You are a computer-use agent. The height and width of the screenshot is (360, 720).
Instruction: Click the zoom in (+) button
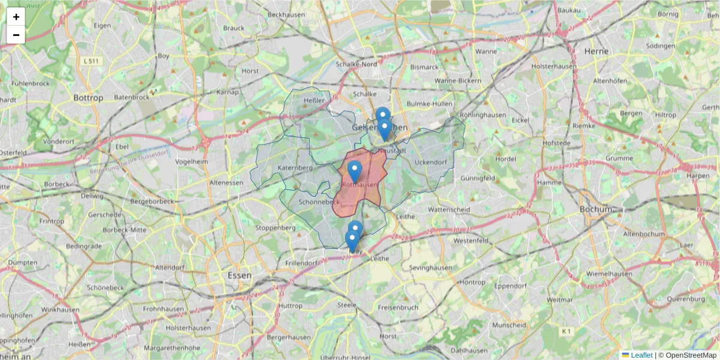(x=16, y=17)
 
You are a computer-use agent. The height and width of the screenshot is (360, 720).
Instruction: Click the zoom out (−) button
(x=16, y=35)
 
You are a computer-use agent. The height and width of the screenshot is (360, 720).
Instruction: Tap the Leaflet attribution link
(x=641, y=355)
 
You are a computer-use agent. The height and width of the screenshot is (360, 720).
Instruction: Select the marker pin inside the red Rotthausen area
(x=355, y=172)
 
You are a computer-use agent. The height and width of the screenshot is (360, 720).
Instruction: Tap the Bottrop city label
(x=88, y=97)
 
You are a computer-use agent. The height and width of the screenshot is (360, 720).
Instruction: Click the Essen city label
(x=239, y=275)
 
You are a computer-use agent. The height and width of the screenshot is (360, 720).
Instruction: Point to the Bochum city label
(x=595, y=209)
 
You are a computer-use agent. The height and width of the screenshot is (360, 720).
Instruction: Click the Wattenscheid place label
(x=451, y=210)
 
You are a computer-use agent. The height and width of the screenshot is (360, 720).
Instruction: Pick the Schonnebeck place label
(x=319, y=202)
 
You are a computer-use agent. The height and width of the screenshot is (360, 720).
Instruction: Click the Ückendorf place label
(x=431, y=162)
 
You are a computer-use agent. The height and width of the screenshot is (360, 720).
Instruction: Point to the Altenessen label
(x=226, y=182)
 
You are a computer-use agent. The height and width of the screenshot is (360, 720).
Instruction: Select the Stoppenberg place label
(x=275, y=228)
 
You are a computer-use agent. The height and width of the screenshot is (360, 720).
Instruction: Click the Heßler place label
(x=314, y=100)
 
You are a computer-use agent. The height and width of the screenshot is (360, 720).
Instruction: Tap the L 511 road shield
(x=91, y=61)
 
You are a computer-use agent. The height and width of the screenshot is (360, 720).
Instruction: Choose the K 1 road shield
(x=566, y=331)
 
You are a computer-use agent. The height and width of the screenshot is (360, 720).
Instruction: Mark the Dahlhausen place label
(x=469, y=350)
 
